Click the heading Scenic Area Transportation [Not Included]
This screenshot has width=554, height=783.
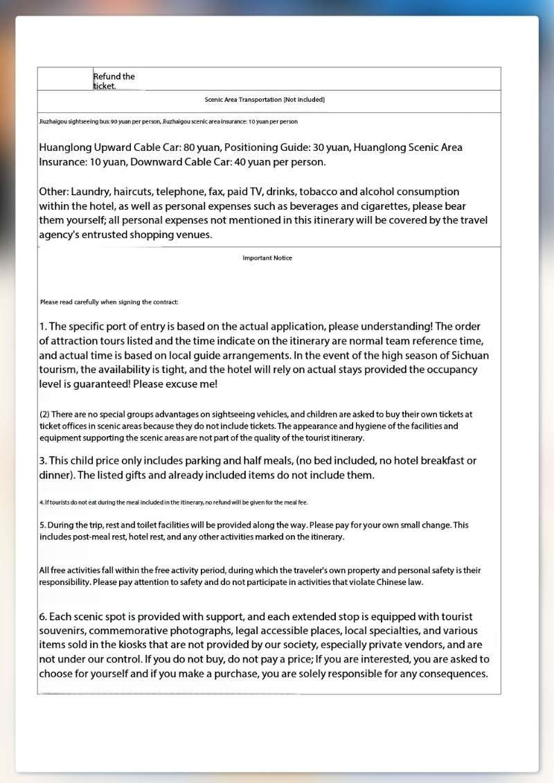click(265, 100)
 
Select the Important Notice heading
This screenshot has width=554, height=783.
click(267, 258)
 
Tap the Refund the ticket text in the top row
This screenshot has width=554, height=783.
click(114, 81)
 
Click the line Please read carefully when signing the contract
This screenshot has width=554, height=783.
click(109, 302)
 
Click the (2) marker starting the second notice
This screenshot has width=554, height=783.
click(44, 415)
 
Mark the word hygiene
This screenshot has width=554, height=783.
click(377, 426)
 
